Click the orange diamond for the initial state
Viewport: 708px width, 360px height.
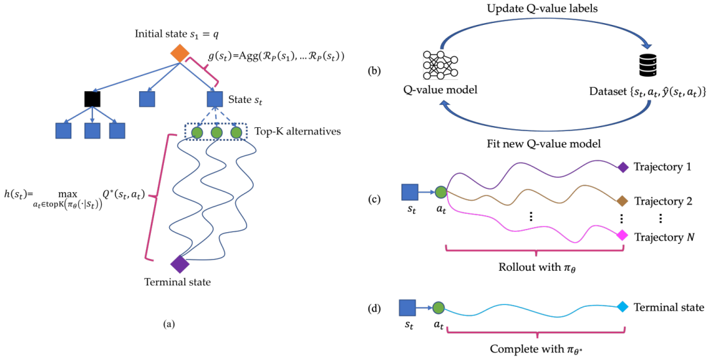(x=179, y=54)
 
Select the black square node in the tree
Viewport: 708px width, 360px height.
(x=92, y=99)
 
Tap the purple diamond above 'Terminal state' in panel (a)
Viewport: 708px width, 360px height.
(x=179, y=264)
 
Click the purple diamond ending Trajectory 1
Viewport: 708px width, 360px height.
(x=623, y=167)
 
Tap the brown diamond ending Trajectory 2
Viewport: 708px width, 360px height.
(x=623, y=201)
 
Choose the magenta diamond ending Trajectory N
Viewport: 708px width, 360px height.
(x=623, y=235)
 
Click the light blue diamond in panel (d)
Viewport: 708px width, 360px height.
(x=623, y=307)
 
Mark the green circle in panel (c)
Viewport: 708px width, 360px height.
(x=441, y=192)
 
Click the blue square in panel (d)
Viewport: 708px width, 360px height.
(x=408, y=308)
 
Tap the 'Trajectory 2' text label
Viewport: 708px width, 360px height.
(x=663, y=201)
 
